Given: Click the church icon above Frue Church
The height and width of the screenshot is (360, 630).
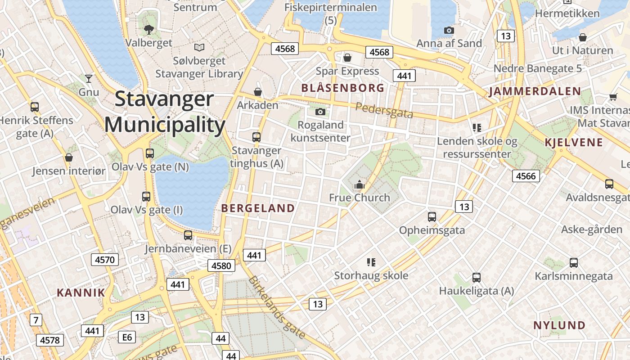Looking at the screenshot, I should (359, 185).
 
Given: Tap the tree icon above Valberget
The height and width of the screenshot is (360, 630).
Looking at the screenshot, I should (148, 30).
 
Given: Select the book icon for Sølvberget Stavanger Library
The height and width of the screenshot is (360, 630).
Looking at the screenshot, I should (199, 47).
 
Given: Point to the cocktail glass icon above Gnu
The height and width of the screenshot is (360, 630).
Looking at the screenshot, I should (89, 79).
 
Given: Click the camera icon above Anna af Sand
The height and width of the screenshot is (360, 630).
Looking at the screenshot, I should (449, 31).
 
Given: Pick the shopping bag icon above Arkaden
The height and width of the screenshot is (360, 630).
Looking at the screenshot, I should (258, 92).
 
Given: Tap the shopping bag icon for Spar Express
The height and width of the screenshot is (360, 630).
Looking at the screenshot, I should (347, 58).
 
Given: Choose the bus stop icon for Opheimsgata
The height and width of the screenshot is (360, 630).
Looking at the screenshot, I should (432, 217).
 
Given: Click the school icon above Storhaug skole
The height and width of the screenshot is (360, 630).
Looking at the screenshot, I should (371, 262).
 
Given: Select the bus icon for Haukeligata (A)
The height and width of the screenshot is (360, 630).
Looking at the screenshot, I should (477, 278).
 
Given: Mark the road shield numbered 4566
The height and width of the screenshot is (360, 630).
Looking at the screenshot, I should (526, 176).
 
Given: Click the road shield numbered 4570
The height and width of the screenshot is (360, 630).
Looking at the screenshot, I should (105, 259).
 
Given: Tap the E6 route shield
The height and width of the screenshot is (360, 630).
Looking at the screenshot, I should (127, 337).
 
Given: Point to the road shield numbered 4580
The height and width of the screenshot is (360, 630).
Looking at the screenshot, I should (221, 265).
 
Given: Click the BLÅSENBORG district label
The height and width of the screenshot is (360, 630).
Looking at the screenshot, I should (343, 88).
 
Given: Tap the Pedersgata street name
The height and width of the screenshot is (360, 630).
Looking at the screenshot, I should (384, 110).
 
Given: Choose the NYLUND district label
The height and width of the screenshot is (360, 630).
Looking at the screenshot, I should (559, 325).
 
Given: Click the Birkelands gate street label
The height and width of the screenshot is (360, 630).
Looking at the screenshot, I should (277, 307).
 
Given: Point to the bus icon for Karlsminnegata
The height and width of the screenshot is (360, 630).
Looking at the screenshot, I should (573, 263).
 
